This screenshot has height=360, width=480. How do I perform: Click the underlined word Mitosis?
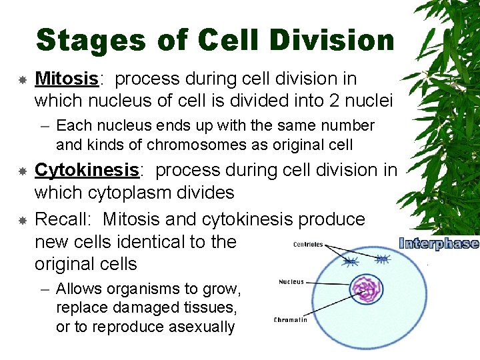(x=66, y=79)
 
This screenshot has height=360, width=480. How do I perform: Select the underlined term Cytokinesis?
(x=87, y=170)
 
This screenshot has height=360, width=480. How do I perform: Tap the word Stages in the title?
(x=91, y=40)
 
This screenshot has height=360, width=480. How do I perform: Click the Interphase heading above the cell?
(x=438, y=243)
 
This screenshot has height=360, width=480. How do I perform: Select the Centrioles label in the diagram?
(x=308, y=245)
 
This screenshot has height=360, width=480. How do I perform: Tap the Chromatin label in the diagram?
(x=291, y=320)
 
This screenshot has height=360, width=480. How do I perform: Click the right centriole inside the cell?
(x=382, y=259)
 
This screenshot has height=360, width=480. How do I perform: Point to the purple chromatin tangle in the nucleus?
(x=365, y=288)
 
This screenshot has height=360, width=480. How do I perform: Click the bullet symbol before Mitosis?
(x=22, y=79)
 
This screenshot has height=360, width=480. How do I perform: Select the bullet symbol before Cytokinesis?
(x=22, y=171)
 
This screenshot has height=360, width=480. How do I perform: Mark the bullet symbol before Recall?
(x=22, y=220)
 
